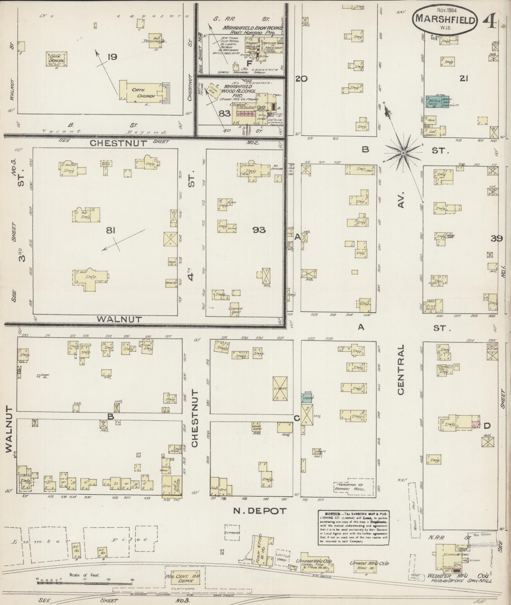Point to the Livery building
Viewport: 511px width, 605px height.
[x=280, y=388]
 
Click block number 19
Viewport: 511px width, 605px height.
[x=112, y=57]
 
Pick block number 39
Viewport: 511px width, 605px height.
[x=496, y=238]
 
